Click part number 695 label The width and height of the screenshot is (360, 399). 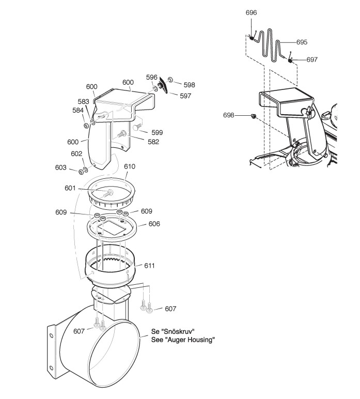301,42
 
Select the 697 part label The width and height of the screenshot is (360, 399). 311,59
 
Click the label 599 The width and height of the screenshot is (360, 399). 156,132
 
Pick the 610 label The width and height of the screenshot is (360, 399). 129,167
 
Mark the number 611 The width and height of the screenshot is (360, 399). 149,265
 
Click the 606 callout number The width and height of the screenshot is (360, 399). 154,224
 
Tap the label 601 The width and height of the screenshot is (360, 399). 85,188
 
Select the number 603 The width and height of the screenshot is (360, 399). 61,167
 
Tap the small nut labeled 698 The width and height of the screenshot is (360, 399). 253,115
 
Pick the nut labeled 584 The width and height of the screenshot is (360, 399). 86,126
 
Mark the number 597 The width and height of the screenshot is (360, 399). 185,96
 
